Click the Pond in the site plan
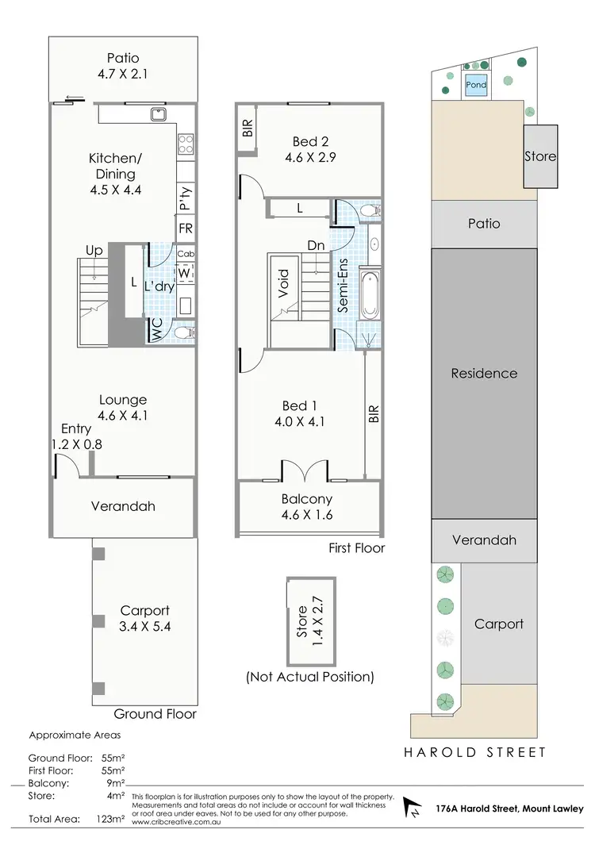click(476, 85)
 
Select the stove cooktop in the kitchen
click(185, 144)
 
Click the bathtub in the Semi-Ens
click(370, 295)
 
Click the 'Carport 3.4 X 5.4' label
click(144, 619)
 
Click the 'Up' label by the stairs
click(94, 250)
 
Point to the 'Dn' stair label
click(315, 246)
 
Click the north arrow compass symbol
click(413, 808)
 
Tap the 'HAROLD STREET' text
click(476, 752)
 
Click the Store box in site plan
click(540, 156)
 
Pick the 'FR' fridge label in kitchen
click(186, 228)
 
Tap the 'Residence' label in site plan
click(484, 373)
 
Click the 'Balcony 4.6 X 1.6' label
click(306, 507)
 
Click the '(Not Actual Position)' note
click(309, 677)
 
